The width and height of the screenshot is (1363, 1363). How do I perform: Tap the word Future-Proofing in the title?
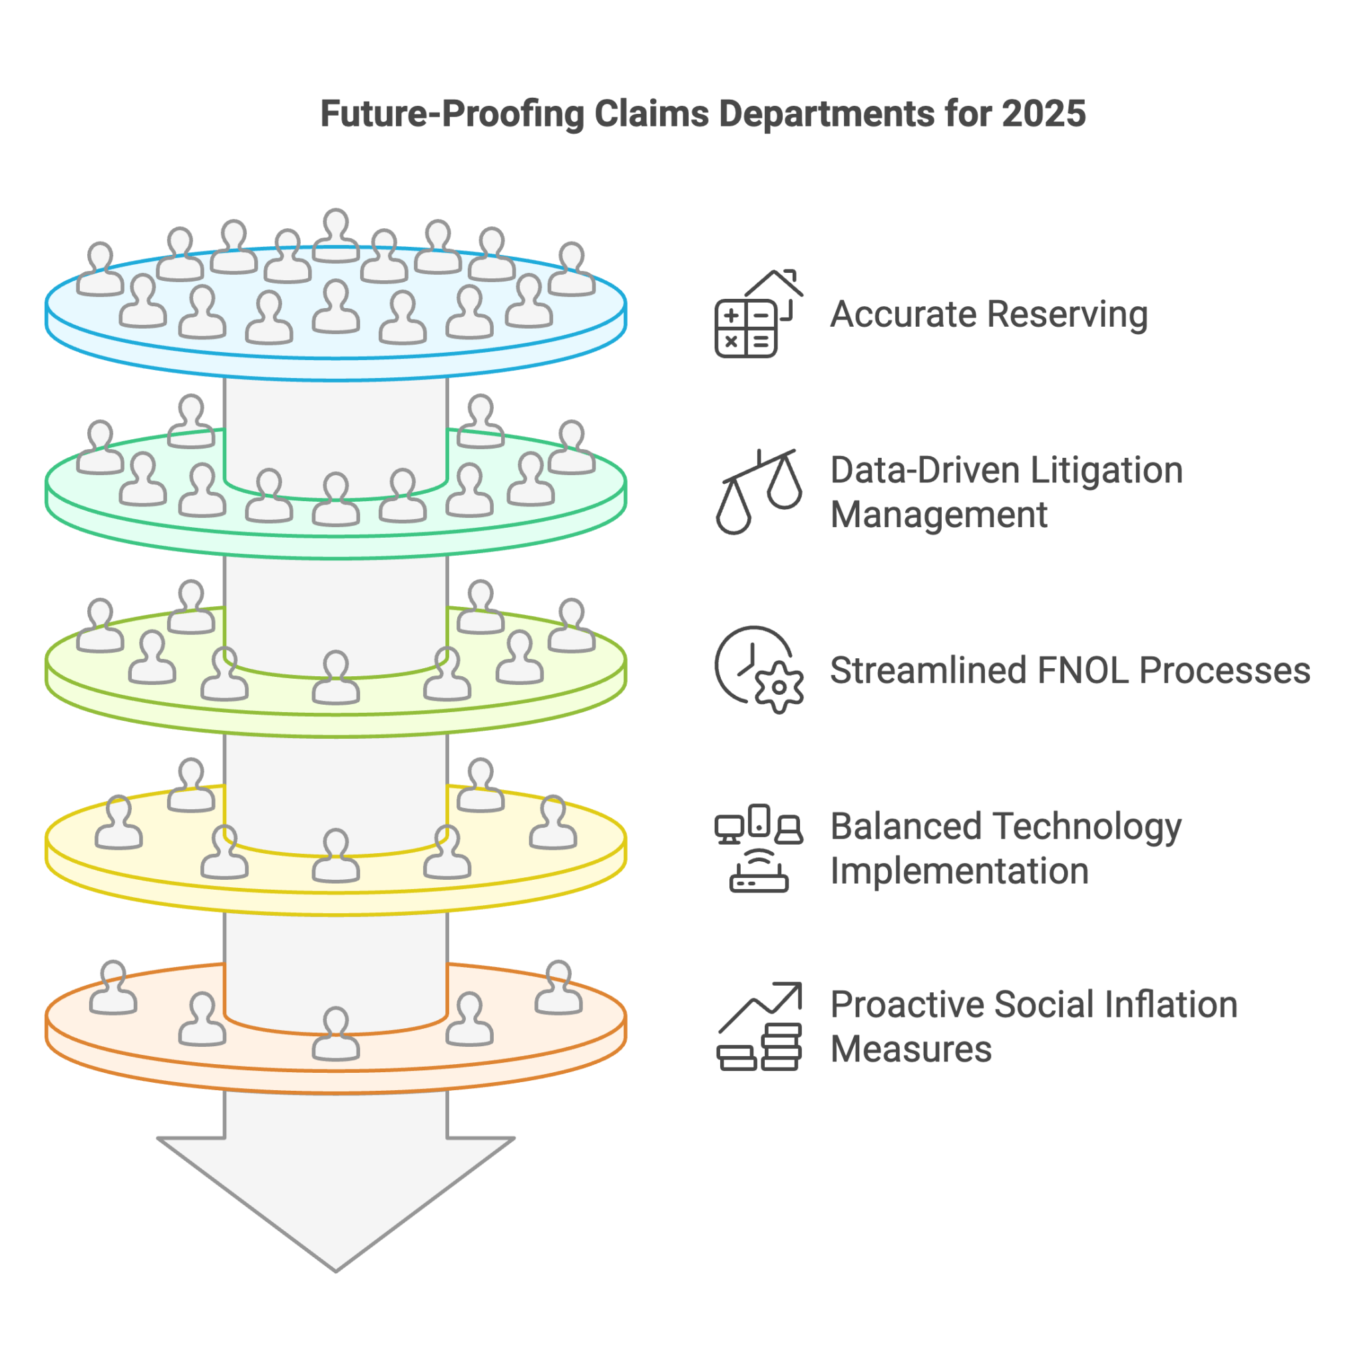(x=451, y=114)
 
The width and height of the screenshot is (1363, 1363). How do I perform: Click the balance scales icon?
(x=759, y=492)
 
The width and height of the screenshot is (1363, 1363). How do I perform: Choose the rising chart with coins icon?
(x=759, y=1026)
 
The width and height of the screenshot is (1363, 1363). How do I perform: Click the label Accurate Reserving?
(x=988, y=314)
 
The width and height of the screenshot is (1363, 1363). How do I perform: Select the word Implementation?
(x=959, y=871)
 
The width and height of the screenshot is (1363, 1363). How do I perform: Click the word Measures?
(x=910, y=1049)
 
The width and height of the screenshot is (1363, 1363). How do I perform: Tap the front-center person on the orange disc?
(x=336, y=1034)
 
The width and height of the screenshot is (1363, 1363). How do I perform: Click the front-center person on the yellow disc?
(x=336, y=856)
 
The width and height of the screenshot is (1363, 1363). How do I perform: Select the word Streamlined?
(x=927, y=670)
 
